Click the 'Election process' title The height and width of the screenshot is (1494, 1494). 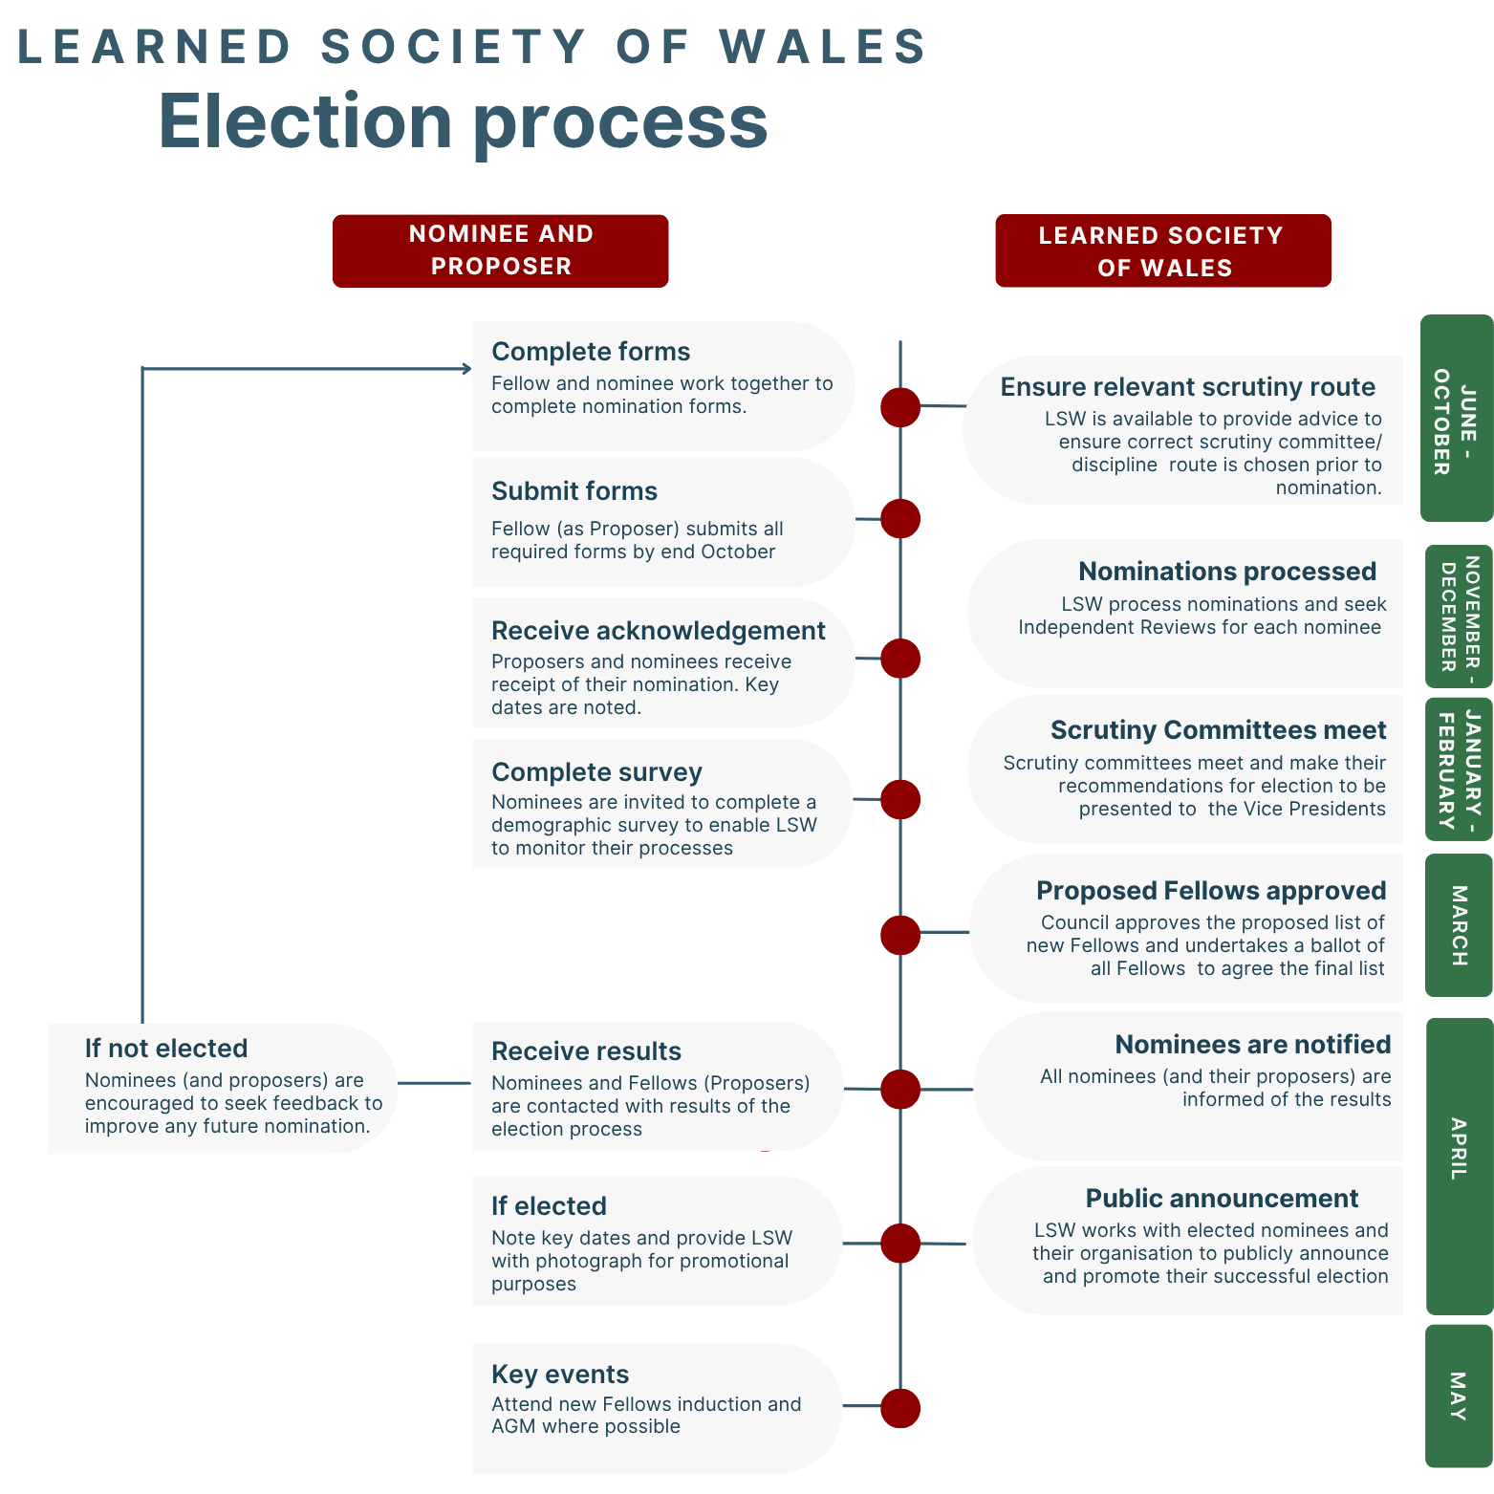pos(463,122)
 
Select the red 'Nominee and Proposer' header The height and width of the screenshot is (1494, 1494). pos(500,250)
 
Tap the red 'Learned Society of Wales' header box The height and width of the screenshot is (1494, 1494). pos(1162,251)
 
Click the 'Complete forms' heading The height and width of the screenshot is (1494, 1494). pos(591,352)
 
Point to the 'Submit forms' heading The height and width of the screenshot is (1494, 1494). pos(574,491)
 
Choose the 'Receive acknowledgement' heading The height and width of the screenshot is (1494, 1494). pos(658,631)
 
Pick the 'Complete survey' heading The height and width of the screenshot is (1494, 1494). pos(596,771)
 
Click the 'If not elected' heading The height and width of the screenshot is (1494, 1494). pos(166,1049)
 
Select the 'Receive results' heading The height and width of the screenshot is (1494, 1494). pos(586,1051)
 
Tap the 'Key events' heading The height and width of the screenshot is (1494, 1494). pos(560,1375)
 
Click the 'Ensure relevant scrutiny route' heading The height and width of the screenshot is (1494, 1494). pos(1187,387)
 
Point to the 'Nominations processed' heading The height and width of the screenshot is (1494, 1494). pos(1227,572)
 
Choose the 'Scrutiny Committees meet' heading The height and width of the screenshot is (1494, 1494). pos(1218,730)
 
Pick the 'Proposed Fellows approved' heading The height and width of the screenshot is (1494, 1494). pos(1211,891)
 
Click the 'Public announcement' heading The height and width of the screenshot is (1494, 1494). pos(1222,1199)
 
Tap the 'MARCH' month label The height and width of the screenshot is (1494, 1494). pos(1459,925)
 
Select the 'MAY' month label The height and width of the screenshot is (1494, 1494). pos(1458,1396)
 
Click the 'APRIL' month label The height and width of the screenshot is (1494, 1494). pos(1458,1148)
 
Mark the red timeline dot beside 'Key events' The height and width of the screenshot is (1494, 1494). pos(899,1408)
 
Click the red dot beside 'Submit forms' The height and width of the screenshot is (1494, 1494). pos(899,519)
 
